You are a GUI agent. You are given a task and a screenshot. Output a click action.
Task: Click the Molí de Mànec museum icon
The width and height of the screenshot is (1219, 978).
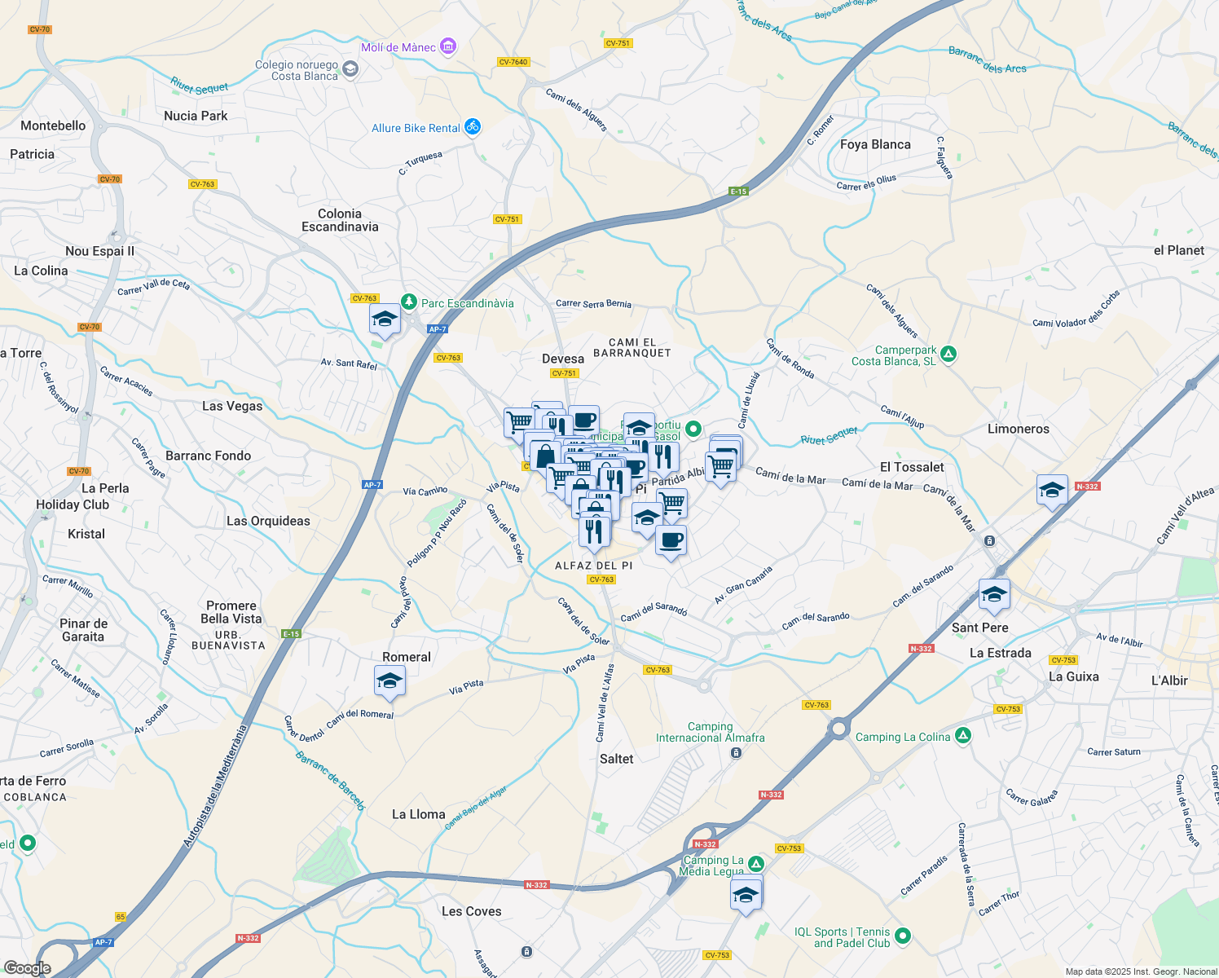pyautogui.click(x=448, y=46)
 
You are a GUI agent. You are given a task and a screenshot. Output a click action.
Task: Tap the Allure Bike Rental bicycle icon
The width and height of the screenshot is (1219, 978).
pyautogui.click(x=473, y=126)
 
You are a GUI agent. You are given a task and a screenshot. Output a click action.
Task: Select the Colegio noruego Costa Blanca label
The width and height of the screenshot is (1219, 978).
pyautogui.click(x=297, y=71)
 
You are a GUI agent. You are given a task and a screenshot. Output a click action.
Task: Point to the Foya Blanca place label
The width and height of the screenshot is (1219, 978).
pyautogui.click(x=875, y=144)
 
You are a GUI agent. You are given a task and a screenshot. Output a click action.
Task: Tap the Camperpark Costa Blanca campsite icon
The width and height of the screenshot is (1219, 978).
pyautogui.click(x=948, y=354)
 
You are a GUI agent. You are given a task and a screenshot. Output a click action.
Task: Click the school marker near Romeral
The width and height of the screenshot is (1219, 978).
pyautogui.click(x=389, y=681)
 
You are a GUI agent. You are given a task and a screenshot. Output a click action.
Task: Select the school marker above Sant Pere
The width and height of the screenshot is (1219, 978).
pyautogui.click(x=994, y=595)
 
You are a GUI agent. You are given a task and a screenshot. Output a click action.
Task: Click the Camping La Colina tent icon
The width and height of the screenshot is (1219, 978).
pyautogui.click(x=963, y=736)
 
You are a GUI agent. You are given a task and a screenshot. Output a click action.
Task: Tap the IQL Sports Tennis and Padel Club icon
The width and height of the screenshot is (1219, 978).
pyautogui.click(x=902, y=936)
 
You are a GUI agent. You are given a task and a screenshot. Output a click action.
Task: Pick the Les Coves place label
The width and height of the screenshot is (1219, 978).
pyautogui.click(x=471, y=911)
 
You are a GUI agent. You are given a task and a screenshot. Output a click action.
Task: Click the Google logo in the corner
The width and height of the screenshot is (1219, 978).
pyautogui.click(x=27, y=967)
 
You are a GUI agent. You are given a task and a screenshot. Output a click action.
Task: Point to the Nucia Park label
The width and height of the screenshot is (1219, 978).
pyautogui.click(x=196, y=116)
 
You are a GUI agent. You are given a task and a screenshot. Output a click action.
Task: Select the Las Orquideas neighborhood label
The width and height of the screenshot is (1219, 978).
pyautogui.click(x=268, y=521)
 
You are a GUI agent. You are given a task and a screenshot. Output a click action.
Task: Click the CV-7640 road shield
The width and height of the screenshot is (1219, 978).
pyautogui.click(x=513, y=62)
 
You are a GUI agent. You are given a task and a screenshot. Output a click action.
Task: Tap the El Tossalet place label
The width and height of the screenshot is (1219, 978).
pyautogui.click(x=912, y=467)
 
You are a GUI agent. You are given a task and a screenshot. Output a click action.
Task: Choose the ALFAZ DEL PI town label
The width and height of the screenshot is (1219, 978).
pyautogui.click(x=593, y=566)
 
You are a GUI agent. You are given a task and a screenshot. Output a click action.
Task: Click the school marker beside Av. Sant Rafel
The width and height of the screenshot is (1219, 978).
pyautogui.click(x=385, y=319)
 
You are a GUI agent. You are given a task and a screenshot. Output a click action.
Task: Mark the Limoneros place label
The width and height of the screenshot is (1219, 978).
pyautogui.click(x=1018, y=429)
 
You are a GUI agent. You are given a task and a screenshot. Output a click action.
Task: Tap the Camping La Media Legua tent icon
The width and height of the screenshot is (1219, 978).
pyautogui.click(x=756, y=864)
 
